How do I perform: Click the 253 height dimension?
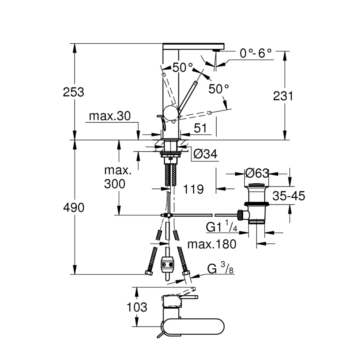[x=74, y=92]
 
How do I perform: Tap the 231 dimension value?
[x=283, y=96]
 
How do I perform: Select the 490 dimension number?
[x=74, y=208]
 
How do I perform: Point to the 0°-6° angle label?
[x=256, y=53]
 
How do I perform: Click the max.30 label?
[x=110, y=116]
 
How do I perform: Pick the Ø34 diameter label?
[x=206, y=154]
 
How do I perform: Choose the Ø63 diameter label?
[x=257, y=173]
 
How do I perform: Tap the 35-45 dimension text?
[x=289, y=196]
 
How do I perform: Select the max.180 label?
[x=211, y=244]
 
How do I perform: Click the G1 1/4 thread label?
[x=222, y=227]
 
